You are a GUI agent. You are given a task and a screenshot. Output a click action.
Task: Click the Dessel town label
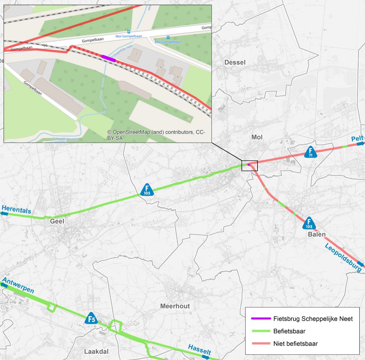[x=235, y=62]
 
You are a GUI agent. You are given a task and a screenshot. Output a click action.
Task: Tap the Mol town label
[x=257, y=137]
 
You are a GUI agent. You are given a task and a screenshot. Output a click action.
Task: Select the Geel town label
[x=57, y=221]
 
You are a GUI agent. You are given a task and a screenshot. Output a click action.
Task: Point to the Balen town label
[x=317, y=234]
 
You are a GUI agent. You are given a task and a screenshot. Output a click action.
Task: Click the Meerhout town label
[x=175, y=306]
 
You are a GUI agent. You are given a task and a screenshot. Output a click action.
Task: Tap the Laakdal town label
[x=96, y=351]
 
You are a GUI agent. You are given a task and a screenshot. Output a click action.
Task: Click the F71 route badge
[x=311, y=152]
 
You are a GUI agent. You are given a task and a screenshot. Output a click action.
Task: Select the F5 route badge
[x=91, y=318]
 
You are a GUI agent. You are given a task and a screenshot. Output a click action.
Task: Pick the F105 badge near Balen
[x=309, y=223]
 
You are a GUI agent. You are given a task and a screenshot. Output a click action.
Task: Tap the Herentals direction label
[x=17, y=210]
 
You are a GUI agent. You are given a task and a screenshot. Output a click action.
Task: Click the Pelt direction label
[x=357, y=139]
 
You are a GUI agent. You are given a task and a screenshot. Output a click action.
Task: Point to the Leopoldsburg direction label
[x=343, y=257]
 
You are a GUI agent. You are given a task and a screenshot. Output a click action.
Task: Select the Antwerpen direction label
[x=19, y=285]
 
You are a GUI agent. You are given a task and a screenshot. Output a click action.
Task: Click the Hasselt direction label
[x=199, y=349]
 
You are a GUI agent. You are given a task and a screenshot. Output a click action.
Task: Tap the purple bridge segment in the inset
[x=109, y=58]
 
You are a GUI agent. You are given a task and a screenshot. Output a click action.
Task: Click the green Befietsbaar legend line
[x=261, y=331]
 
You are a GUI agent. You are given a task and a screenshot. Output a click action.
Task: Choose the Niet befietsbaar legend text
[x=295, y=343]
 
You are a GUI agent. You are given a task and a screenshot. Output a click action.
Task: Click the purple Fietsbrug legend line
[x=261, y=318]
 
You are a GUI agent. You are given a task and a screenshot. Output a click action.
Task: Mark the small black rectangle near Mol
[x=250, y=166]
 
